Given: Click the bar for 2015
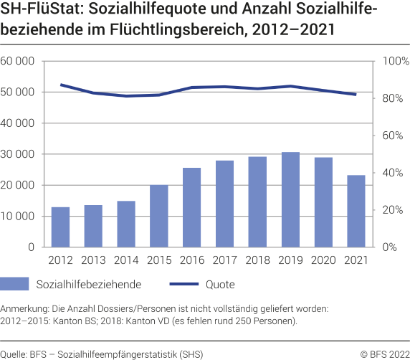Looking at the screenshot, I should click(x=159, y=216).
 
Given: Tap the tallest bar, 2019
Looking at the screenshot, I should click(x=290, y=199).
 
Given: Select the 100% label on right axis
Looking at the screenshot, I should click(x=392, y=61).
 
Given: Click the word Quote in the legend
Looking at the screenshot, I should click(x=220, y=285).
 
